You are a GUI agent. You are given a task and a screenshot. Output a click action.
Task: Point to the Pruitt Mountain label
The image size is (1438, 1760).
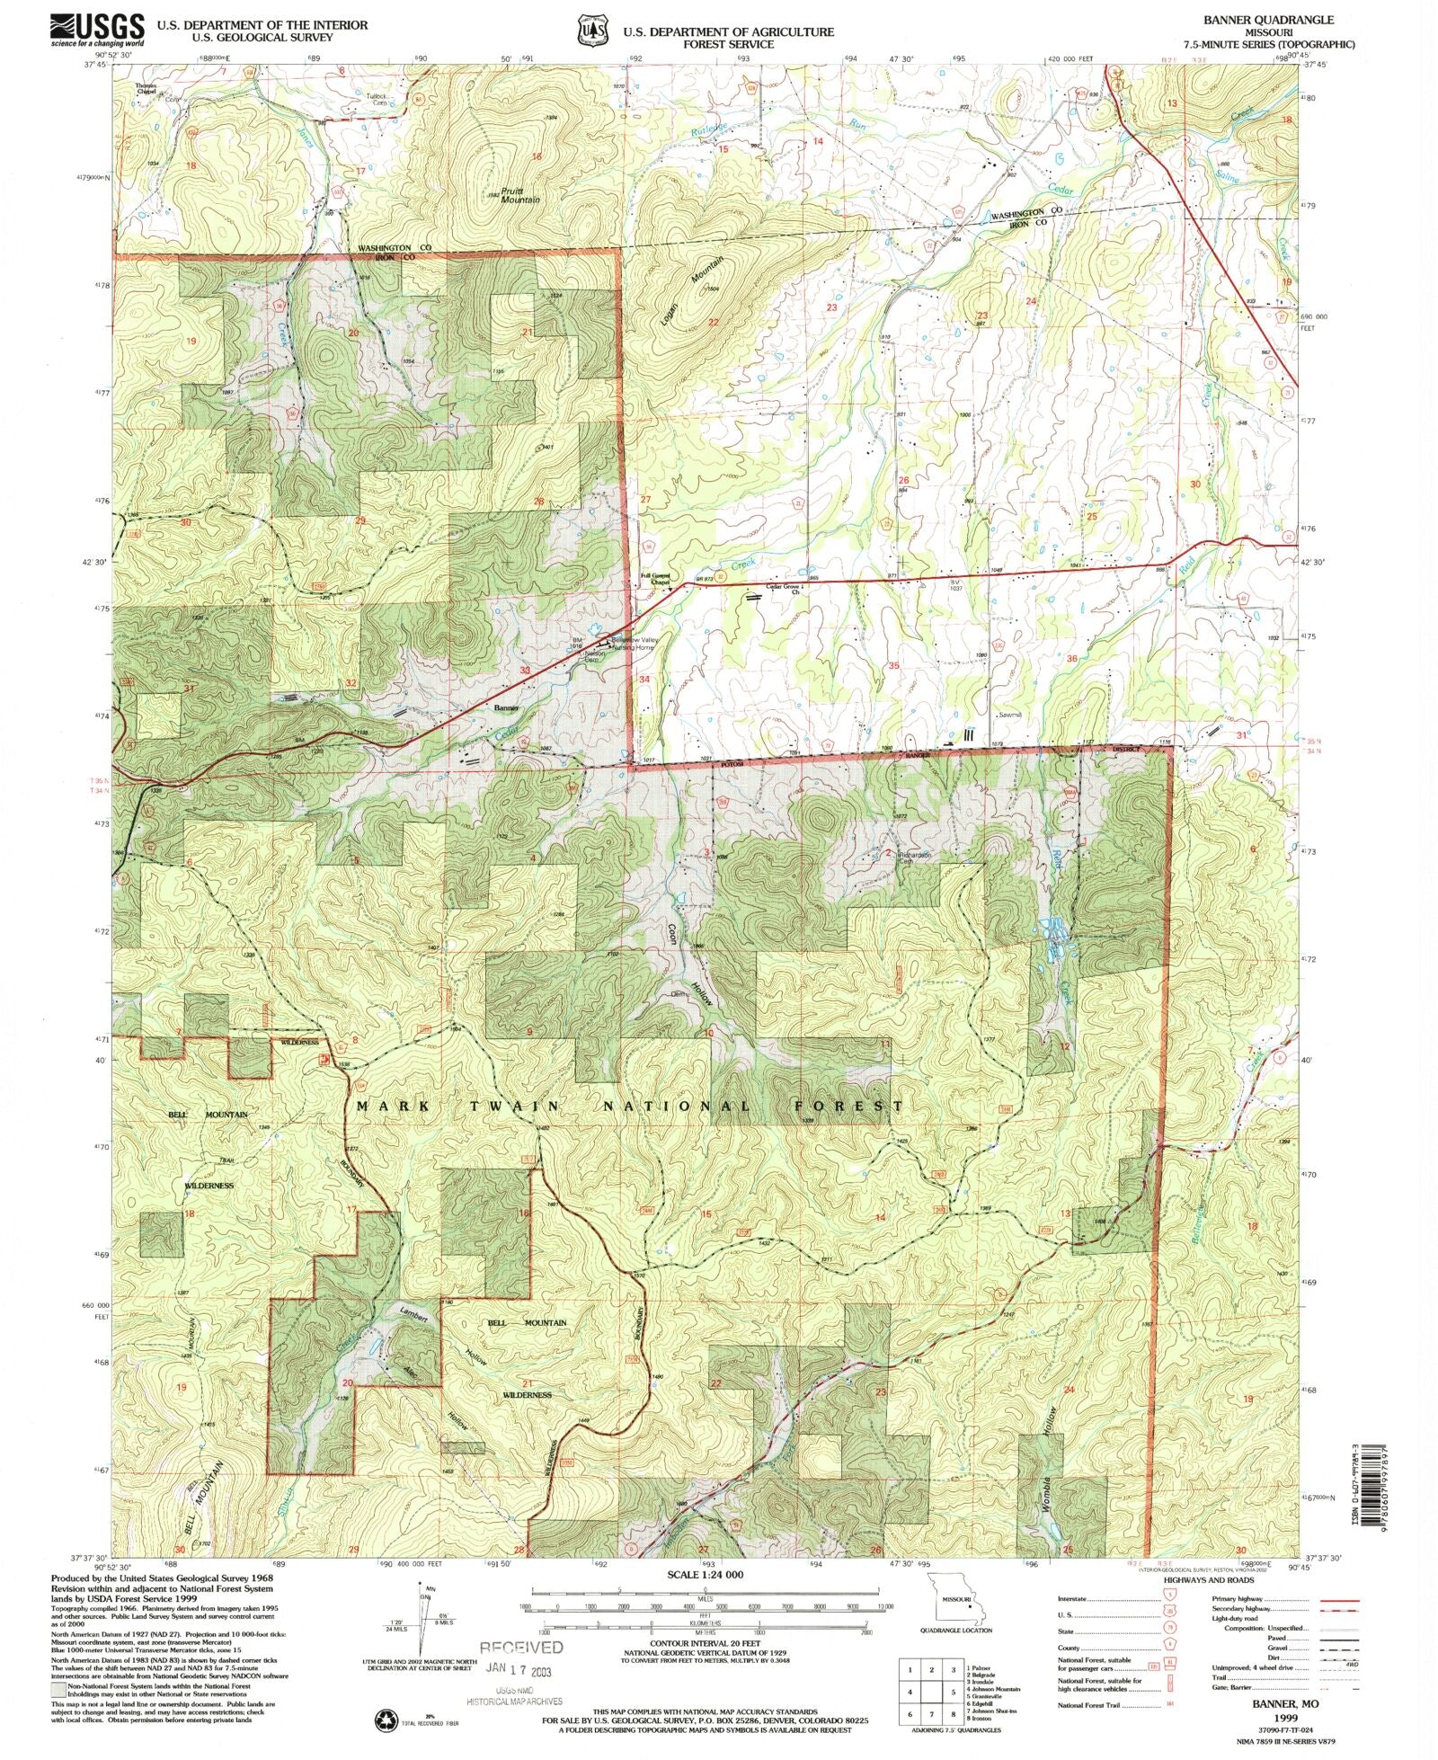point(520,195)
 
